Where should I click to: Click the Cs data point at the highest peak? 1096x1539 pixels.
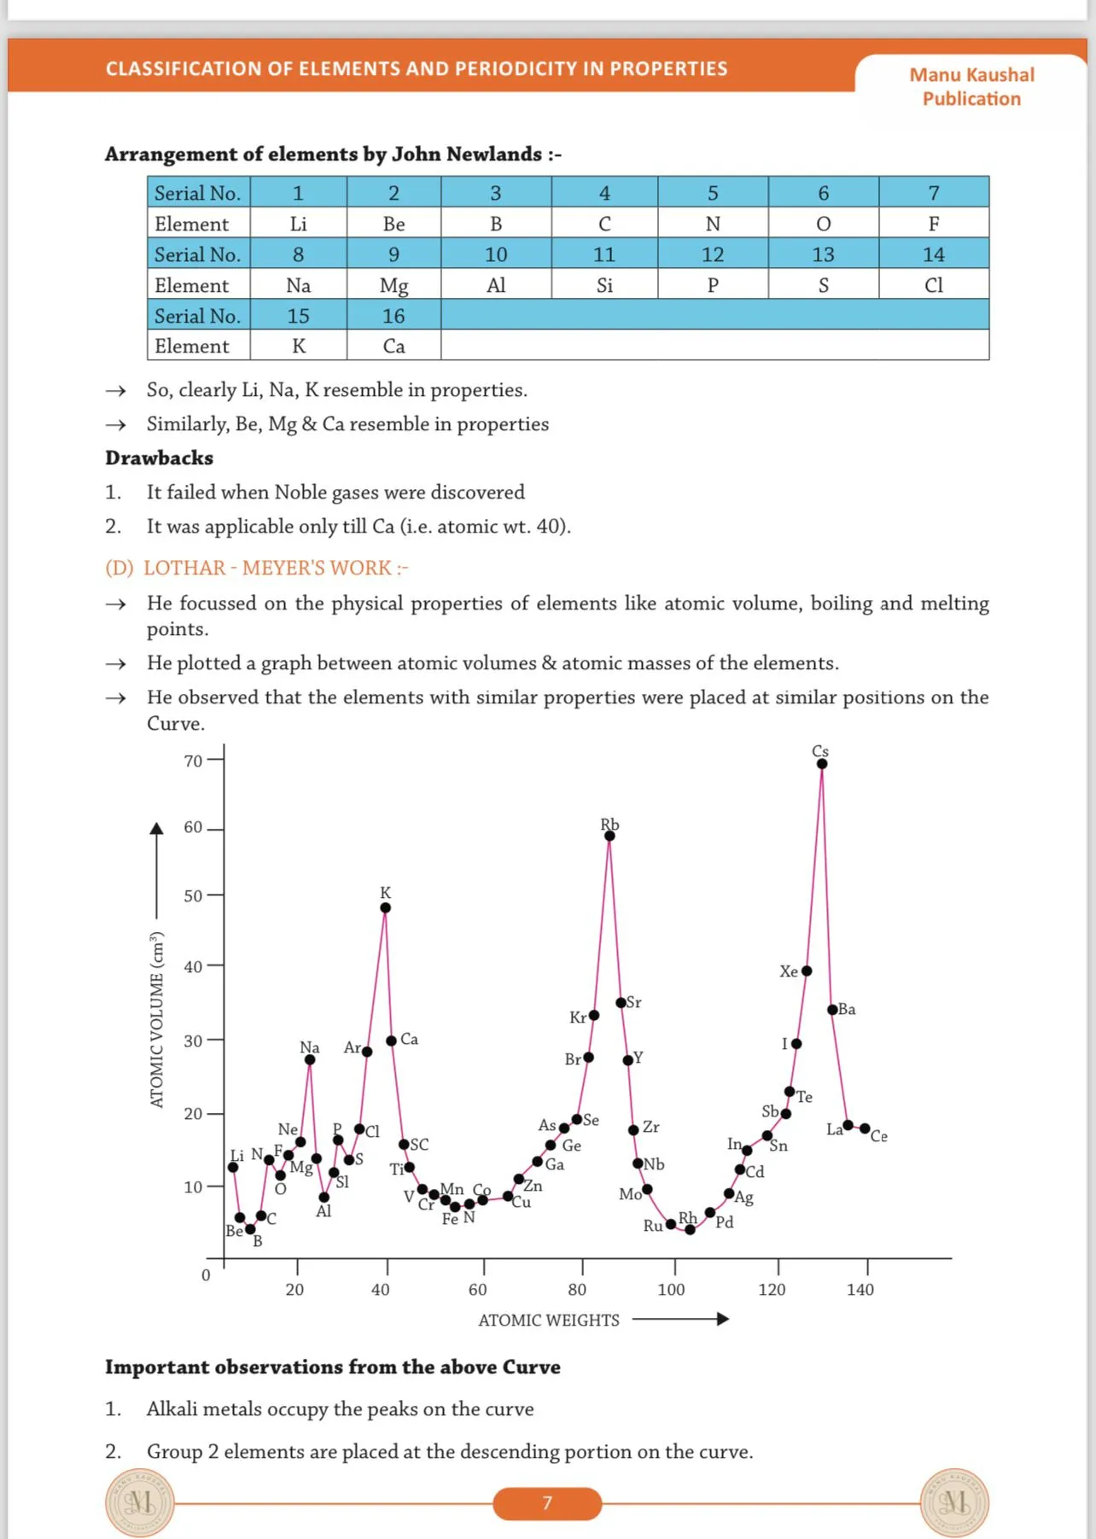821,764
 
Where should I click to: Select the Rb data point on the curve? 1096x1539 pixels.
609,836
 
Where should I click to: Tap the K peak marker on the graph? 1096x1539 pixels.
386,907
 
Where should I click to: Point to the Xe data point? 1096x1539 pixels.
807,971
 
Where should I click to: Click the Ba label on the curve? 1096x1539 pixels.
847,1009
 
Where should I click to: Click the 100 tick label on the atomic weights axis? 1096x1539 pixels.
671,1290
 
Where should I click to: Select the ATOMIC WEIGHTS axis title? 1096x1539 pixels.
549,1320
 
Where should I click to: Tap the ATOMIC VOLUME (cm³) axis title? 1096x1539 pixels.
156,1019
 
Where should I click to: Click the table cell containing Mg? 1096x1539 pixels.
394,285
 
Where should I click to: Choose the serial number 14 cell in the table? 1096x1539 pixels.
934,254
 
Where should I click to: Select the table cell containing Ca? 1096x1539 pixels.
394,346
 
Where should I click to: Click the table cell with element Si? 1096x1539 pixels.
604,285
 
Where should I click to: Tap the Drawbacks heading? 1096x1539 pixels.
159,458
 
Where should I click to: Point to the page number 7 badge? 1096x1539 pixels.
547,1502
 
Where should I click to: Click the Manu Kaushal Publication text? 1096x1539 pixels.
971,86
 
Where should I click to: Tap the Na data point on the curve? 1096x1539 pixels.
310,1059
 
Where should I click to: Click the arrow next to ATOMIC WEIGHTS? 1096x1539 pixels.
680,1319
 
